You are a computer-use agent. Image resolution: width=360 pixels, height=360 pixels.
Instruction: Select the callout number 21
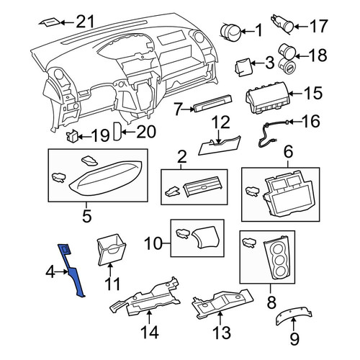85,22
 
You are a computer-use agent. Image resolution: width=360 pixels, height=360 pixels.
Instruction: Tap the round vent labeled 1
230,32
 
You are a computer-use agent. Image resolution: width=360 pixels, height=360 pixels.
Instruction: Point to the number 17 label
318,26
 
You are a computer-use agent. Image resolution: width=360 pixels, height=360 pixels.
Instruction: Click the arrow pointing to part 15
297,94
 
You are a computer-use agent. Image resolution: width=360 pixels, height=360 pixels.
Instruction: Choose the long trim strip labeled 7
213,103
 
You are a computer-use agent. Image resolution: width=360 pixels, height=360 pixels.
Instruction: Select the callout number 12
221,122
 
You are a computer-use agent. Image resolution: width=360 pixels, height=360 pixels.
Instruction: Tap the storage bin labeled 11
112,250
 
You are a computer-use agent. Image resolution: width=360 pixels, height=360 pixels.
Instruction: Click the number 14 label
149,332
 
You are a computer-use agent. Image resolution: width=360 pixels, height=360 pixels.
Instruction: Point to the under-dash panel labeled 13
222,304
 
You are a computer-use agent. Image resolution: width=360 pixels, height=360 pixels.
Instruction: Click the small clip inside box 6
253,192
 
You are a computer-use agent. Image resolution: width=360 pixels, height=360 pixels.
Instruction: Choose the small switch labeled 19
72,136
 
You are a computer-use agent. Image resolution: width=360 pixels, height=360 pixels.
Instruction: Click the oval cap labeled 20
117,131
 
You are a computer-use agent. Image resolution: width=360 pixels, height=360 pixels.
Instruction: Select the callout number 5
87,216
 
